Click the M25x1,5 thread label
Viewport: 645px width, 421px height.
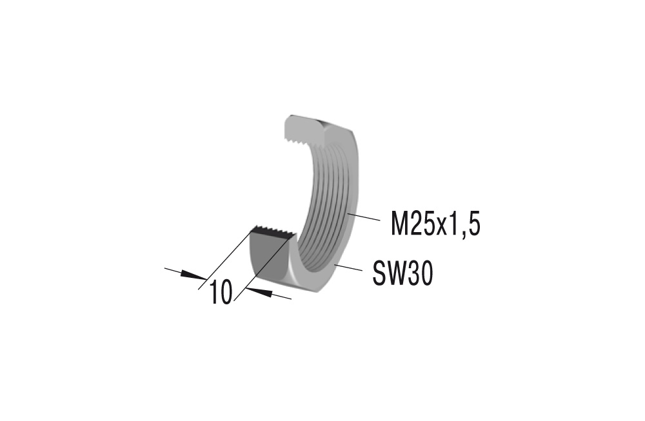pos(436,225)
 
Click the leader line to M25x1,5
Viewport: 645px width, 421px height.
pos(364,217)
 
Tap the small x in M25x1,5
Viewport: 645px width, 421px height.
pos(442,228)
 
